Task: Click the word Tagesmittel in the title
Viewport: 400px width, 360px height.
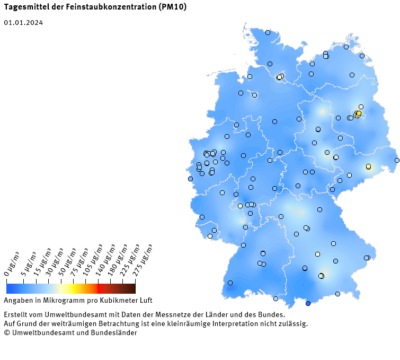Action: pyautogui.click(x=23, y=7)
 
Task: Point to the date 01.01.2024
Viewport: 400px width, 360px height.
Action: pyautogui.click(x=23, y=23)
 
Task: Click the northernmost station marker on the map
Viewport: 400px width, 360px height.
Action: pyautogui.click(x=268, y=32)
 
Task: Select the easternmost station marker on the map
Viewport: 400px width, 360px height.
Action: pyautogui.click(x=397, y=160)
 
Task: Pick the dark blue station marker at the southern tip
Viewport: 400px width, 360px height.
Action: pyautogui.click(x=308, y=303)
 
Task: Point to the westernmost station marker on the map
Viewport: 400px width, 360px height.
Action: pyautogui.click(x=190, y=179)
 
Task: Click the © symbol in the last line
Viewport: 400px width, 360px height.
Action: pyautogui.click(x=6, y=332)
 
